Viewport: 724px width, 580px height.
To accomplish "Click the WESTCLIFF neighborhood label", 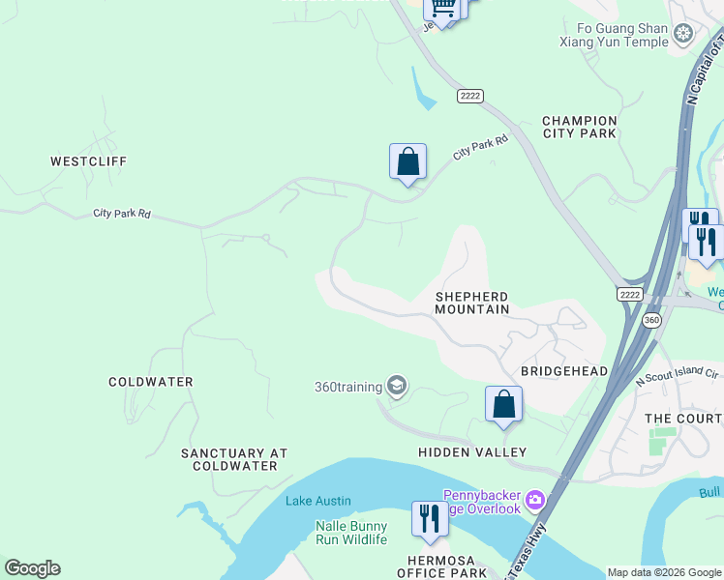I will click(89, 161).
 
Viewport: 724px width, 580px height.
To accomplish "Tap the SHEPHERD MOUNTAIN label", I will click(471, 303).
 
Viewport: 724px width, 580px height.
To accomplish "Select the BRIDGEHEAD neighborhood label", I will click(564, 371).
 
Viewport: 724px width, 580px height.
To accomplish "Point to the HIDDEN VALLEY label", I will click(472, 452).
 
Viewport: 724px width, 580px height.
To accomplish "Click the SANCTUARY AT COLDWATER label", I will click(234, 459).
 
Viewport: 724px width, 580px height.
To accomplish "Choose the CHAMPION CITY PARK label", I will click(579, 127).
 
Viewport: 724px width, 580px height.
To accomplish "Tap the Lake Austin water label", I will click(318, 501).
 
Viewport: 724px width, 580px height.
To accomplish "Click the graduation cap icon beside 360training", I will click(396, 387).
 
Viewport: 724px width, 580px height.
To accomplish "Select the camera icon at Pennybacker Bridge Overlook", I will click(535, 502).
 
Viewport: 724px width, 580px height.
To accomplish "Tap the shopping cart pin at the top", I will click(442, 8).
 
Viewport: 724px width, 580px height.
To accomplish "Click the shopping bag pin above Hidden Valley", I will click(503, 404).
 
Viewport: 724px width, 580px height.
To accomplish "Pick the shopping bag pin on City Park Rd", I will click(407, 161).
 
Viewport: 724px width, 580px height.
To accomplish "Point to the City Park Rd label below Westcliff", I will click(122, 214).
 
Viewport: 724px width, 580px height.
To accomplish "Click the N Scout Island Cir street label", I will click(677, 374).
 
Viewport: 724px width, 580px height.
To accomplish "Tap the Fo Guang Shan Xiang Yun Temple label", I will click(615, 36).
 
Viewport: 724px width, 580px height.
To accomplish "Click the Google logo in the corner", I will click(32, 568).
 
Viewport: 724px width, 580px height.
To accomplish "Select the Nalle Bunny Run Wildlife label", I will click(338, 533).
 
